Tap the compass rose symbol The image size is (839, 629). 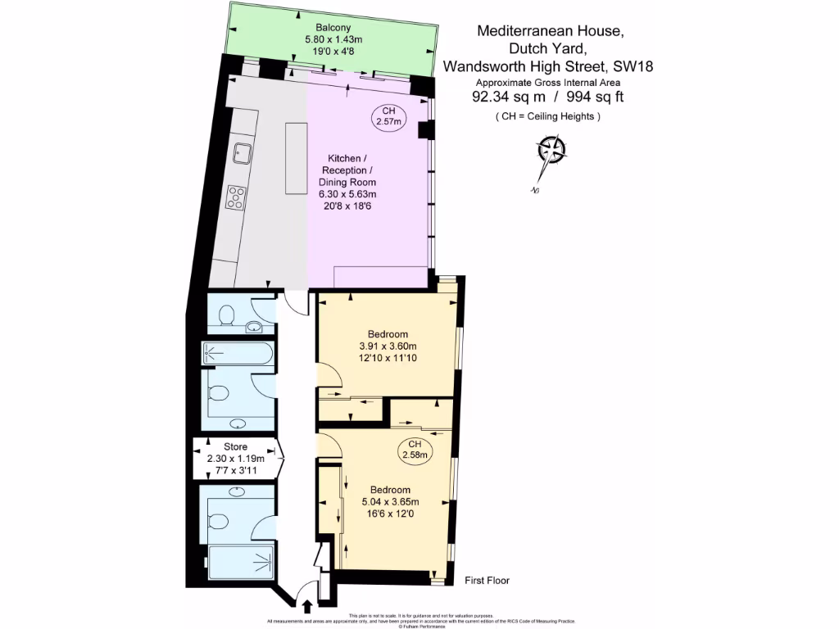pyautogui.click(x=551, y=152)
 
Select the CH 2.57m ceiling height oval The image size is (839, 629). pyautogui.click(x=388, y=116)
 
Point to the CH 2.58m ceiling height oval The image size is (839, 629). pyautogui.click(x=414, y=448)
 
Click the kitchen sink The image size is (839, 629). pyautogui.click(x=243, y=151)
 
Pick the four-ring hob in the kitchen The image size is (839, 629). pyautogui.click(x=237, y=196)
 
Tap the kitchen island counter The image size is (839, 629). pyautogui.click(x=296, y=158)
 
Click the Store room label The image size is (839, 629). pyautogui.click(x=235, y=446)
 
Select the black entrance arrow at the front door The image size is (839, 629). pyautogui.click(x=308, y=607)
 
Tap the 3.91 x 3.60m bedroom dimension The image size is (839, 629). pyautogui.click(x=388, y=346)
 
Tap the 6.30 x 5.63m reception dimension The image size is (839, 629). pyautogui.click(x=347, y=194)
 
